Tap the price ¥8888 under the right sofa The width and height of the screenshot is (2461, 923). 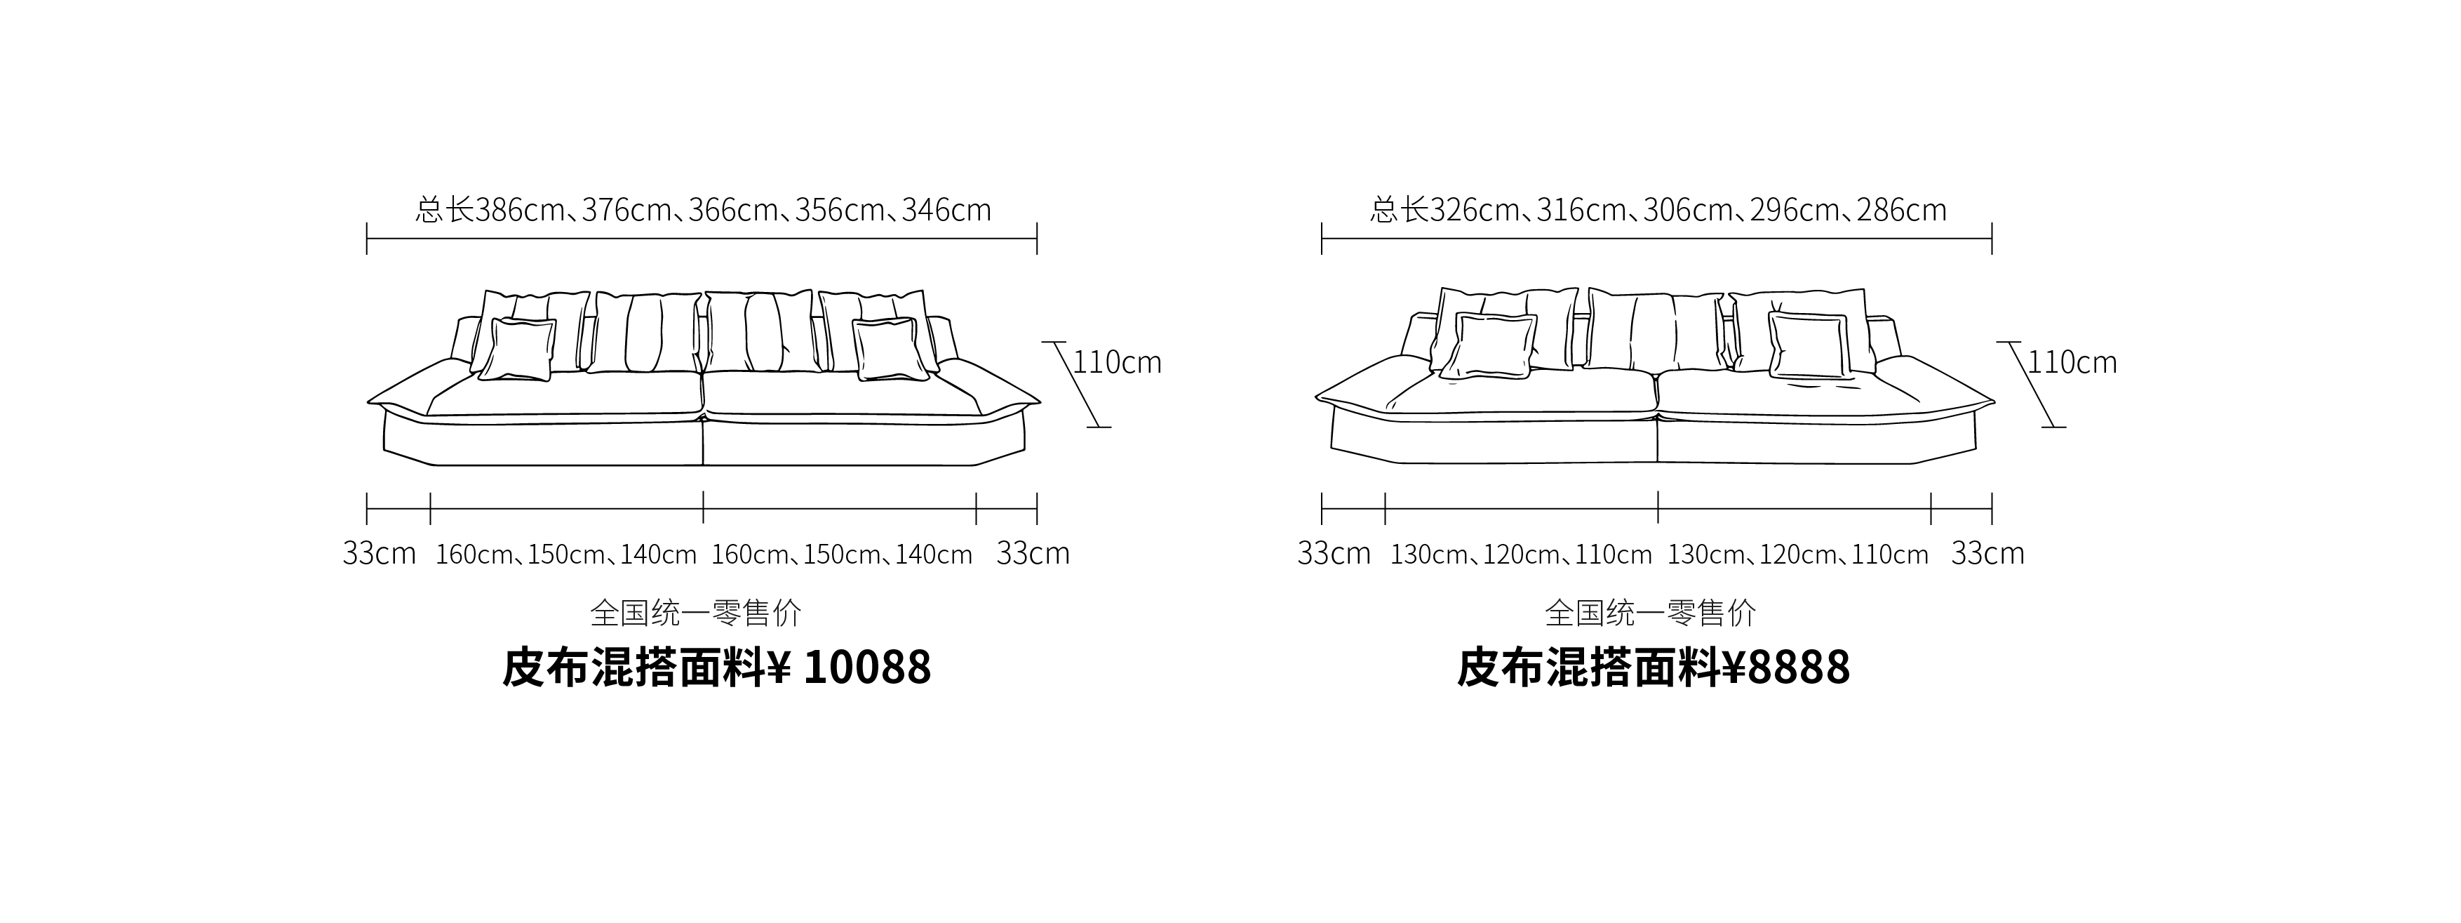point(1785,667)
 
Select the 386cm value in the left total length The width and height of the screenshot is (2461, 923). point(520,209)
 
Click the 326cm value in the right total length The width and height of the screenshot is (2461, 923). point(1474,209)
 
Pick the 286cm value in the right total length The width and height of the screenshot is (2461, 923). point(1901,209)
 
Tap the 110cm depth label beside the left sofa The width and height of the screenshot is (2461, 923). point(1117,362)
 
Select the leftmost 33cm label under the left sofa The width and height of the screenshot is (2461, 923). point(380,553)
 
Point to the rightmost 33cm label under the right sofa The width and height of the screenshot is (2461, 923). point(1987,553)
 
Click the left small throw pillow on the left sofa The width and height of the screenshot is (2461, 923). point(518,350)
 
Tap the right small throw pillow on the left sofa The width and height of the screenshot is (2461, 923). point(890,350)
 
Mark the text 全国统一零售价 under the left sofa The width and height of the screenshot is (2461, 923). point(695,613)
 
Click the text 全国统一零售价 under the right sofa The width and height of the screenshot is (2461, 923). point(1650,613)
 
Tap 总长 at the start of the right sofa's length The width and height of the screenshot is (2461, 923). point(1400,209)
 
